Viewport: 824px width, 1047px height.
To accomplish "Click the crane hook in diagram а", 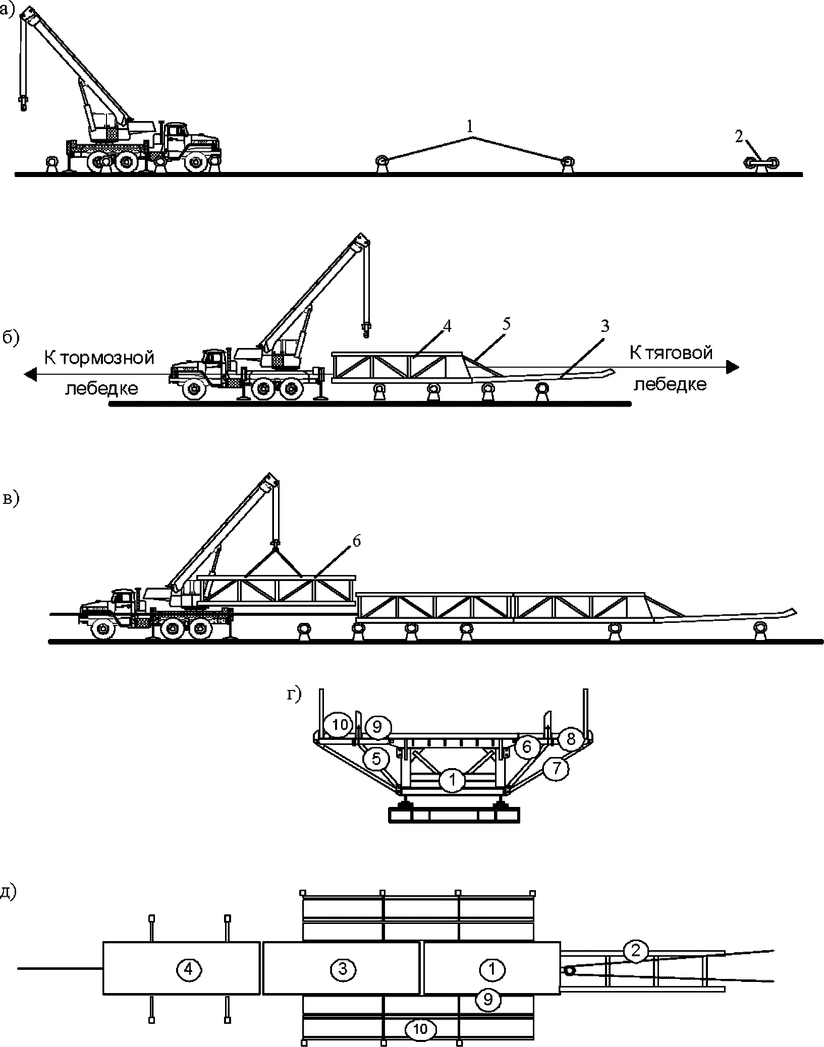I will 23,103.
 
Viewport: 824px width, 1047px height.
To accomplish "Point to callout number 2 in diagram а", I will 739,136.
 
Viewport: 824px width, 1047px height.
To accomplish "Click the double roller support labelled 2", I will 762,163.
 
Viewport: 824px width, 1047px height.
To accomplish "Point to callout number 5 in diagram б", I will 506,323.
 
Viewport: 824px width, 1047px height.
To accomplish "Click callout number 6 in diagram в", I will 356,542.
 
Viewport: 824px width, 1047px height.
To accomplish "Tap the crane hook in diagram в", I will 276,543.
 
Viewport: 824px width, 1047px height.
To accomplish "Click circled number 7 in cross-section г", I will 556,769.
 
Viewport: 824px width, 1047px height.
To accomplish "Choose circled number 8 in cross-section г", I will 570,739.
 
